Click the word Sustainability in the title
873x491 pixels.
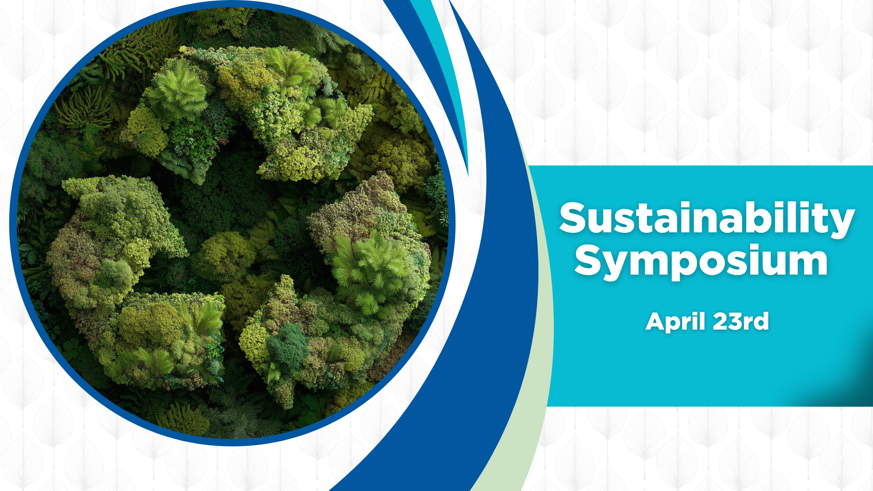coord(707,219)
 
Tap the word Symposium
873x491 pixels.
coord(701,261)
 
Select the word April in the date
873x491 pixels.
coord(676,322)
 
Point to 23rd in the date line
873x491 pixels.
coord(741,321)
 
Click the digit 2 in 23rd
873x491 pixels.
coord(722,321)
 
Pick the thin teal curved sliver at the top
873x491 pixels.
coord(448,68)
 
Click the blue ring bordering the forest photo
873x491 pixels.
coord(13,223)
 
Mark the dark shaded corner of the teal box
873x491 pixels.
coord(850,382)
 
